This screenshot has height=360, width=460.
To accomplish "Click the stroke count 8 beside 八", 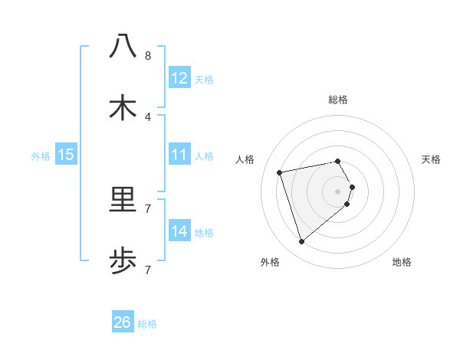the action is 147,56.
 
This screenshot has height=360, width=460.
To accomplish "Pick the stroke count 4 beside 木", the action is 147,117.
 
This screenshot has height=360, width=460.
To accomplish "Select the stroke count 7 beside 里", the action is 147,208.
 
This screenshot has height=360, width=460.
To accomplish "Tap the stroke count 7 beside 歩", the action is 147,270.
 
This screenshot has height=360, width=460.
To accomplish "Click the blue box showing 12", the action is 179,77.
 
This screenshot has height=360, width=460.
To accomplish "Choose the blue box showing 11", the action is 179,155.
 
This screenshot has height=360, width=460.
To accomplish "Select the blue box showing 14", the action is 179,231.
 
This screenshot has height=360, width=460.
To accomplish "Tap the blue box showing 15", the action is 66,155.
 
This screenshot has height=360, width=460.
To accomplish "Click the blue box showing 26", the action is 122,322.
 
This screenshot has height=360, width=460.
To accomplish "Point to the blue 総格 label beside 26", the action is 147,324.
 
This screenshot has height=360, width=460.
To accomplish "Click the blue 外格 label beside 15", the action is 41,156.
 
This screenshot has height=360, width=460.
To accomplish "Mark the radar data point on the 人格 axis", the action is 280,172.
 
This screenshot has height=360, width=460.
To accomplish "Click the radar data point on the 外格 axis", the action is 301,242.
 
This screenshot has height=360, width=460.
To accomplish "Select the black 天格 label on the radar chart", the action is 431,159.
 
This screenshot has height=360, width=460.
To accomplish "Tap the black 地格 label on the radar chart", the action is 402,262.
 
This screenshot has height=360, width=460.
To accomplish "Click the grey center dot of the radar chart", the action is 337,191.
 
